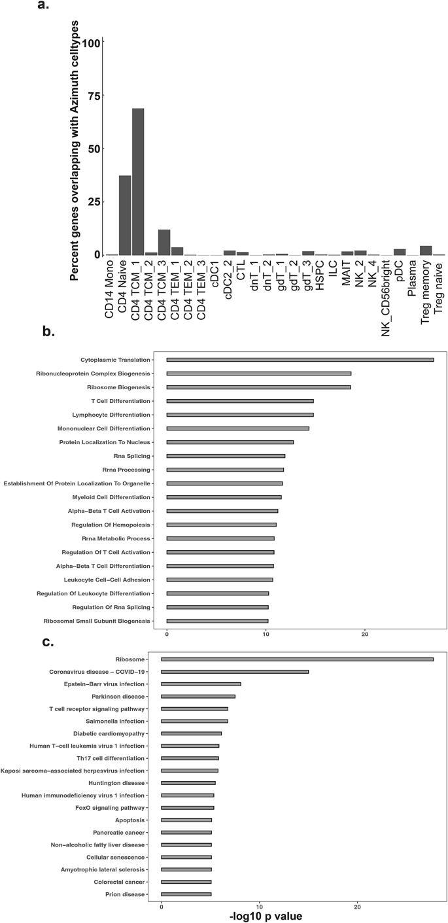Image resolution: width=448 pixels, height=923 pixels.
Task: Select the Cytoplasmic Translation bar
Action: [x=300, y=360]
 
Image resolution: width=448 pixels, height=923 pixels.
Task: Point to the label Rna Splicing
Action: [x=134, y=456]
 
